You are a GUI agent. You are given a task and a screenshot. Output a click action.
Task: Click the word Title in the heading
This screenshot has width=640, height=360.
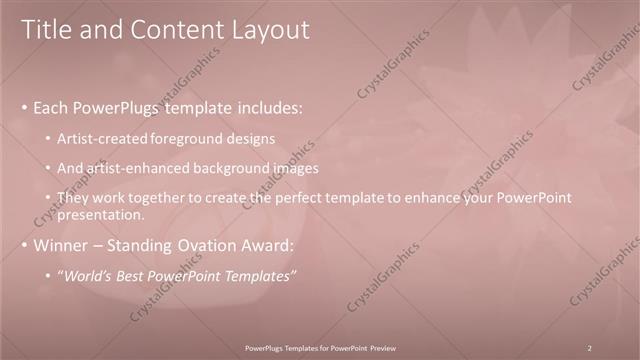point(46,30)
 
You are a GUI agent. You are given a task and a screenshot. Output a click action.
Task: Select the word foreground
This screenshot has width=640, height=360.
point(186,137)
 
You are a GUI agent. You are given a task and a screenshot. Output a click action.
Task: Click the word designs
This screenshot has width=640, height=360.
point(250,137)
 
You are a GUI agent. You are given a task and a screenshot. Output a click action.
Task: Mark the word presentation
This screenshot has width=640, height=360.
point(103,214)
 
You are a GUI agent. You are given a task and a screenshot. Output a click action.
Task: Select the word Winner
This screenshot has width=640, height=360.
point(63,245)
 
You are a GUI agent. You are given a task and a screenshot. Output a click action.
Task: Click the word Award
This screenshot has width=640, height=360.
point(269,245)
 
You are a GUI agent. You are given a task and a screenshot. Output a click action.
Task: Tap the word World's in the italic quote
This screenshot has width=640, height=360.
point(87,276)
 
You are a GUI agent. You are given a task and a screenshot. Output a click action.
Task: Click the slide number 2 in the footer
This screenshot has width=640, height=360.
point(590,347)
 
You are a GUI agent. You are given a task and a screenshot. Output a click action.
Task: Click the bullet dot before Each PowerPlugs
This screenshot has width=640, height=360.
point(24,107)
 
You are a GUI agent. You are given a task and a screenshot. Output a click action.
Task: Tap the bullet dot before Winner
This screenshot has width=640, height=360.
point(24,245)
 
